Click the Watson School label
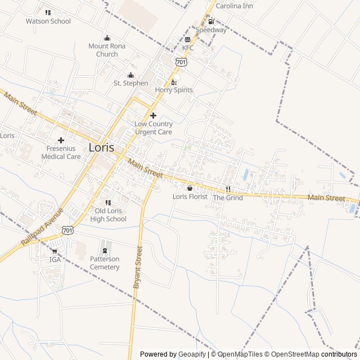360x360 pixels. pos(48,21)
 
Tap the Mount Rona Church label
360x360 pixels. pos(107,50)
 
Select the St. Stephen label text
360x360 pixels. pos(131,83)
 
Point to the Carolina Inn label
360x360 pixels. pos(235,6)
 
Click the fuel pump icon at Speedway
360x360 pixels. pos(211,21)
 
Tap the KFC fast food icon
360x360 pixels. pos(187,39)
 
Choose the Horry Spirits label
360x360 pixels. pos(174,90)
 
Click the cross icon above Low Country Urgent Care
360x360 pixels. pos(153,115)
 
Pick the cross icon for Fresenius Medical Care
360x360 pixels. pos(61,140)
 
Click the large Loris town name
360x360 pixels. pos(101,147)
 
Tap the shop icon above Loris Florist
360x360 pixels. pos(190,188)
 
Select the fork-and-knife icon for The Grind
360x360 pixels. pos(228,188)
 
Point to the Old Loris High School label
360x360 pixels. pos(109,215)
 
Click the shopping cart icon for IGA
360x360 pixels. pos(55,251)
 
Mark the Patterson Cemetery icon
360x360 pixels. pos(105,250)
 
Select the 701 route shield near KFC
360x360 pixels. pos(180,62)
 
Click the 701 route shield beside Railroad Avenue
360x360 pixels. pos(67,230)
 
